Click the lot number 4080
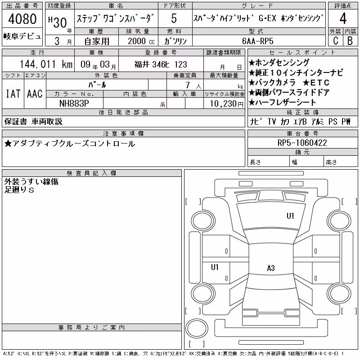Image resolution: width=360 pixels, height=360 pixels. pyautogui.click(x=22, y=19)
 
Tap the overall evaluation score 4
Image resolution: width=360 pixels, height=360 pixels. pyautogui.click(x=343, y=18)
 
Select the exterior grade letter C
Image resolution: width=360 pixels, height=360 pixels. pyautogui.click(x=336, y=41)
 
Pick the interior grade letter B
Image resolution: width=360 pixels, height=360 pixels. pyautogui.click(x=350, y=41)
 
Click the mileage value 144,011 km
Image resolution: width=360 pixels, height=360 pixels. pyautogui.click(x=46, y=64)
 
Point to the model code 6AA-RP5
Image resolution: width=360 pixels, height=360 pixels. pyautogui.click(x=258, y=41)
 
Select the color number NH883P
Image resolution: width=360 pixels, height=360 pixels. pyautogui.click(x=74, y=103)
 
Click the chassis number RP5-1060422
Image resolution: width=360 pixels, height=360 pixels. pyautogui.click(x=302, y=143)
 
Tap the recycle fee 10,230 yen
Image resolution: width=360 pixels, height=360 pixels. pyautogui.click(x=227, y=104)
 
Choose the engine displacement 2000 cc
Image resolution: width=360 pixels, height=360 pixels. pyautogui.click(x=141, y=41)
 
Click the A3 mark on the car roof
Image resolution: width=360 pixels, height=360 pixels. pyautogui.click(x=271, y=268)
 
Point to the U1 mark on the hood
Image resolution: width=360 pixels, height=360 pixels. pyautogui.click(x=290, y=216)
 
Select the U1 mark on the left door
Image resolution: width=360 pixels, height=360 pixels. pyautogui.click(x=215, y=267)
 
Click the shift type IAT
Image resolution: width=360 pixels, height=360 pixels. pyautogui.click(x=13, y=94)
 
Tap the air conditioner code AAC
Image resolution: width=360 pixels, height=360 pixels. pyautogui.click(x=35, y=94)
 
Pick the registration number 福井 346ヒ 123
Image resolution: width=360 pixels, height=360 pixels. pyautogui.click(x=161, y=64)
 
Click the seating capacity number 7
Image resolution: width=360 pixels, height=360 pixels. pyautogui.click(x=188, y=85)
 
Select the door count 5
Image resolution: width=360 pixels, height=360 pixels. pyautogui.click(x=174, y=18)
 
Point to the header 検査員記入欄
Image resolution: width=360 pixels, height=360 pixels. pyautogui.click(x=91, y=173)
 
